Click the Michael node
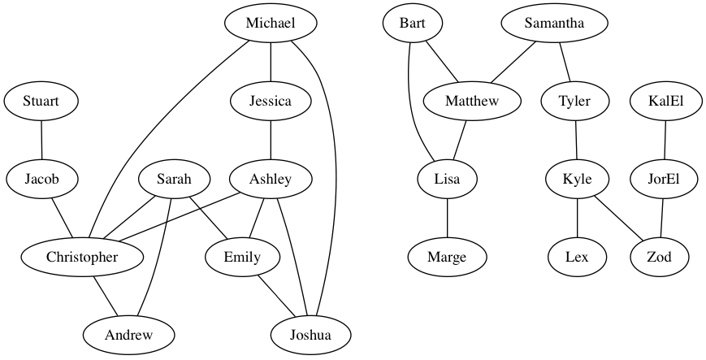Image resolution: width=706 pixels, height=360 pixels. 271,24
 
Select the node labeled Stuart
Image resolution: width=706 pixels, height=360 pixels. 41,102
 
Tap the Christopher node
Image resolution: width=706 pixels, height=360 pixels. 82,258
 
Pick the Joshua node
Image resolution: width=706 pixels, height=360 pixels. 310,334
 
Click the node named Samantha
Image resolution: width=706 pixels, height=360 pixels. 554,24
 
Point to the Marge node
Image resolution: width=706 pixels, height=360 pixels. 447,258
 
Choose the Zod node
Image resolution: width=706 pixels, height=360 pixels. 660,258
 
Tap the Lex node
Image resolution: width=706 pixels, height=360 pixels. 577,258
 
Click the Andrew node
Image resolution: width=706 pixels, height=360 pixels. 128,334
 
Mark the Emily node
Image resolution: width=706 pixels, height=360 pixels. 242,258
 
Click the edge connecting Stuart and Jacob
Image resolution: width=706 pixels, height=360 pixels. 41,141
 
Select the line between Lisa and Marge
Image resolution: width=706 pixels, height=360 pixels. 447,219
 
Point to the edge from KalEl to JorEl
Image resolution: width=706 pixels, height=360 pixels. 666,141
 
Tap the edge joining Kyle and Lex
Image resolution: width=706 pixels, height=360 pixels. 577,219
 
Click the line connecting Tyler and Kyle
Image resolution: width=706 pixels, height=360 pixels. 576,141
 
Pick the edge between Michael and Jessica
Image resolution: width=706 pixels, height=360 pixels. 271,63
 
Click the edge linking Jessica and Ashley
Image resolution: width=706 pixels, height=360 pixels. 271,141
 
